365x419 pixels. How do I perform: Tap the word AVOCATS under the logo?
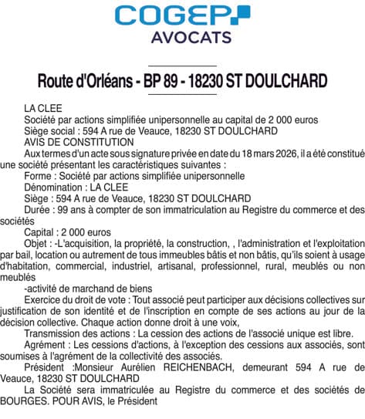182,37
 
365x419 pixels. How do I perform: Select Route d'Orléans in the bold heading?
86,81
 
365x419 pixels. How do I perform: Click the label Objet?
38,242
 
